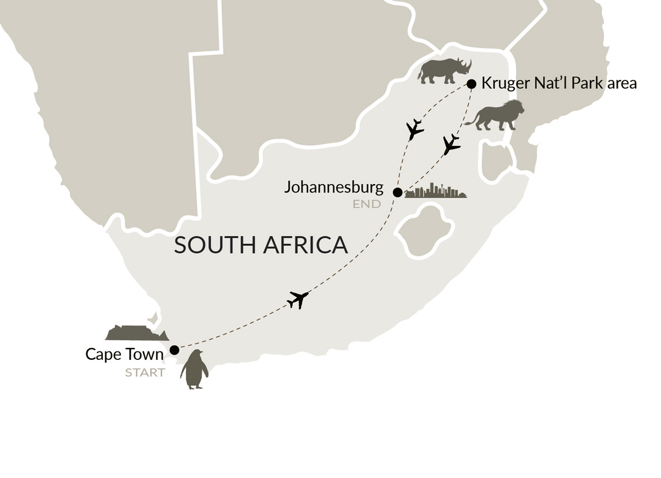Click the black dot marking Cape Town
click(x=175, y=350)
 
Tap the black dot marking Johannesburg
click(x=397, y=192)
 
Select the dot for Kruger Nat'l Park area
click(x=471, y=84)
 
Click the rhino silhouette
click(x=444, y=70)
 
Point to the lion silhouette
click(x=495, y=116)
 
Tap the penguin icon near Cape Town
click(x=194, y=370)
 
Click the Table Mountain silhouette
click(x=136, y=333)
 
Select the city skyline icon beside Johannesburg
click(x=436, y=191)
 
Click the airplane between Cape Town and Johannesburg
click(x=298, y=299)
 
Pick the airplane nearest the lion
click(x=451, y=145)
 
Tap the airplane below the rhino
click(x=415, y=130)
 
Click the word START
click(x=145, y=372)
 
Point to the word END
click(x=367, y=204)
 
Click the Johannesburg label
click(x=333, y=186)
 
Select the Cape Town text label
click(x=124, y=354)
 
